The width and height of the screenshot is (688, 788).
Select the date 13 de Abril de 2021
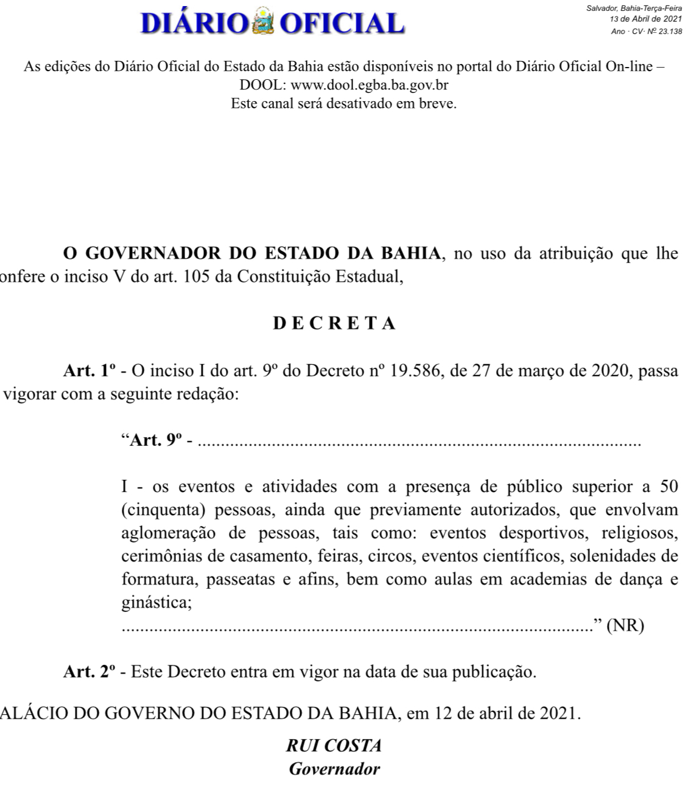tap(645, 19)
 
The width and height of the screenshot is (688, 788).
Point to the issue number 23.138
tap(668, 31)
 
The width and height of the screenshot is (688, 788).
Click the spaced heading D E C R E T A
tap(334, 323)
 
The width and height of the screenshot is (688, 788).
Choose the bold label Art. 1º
tap(90, 370)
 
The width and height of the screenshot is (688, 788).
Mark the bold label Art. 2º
tap(90, 672)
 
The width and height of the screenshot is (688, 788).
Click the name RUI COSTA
tap(334, 745)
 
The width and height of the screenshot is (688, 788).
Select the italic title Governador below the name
tap(334, 769)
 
